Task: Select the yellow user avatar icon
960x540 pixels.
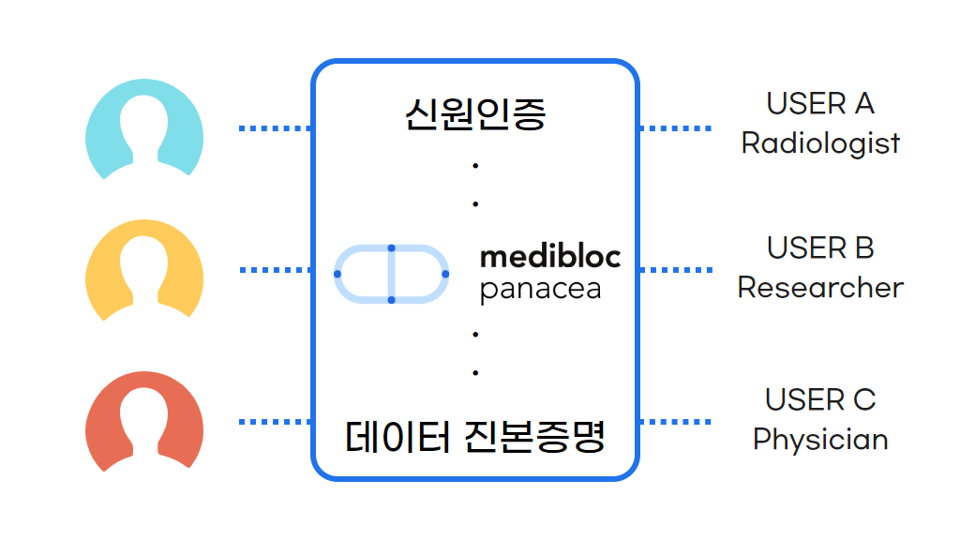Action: tap(144, 271)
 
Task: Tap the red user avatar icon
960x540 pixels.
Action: tap(144, 421)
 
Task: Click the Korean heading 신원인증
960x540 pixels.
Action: tap(475, 113)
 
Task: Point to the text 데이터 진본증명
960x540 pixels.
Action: tap(475, 436)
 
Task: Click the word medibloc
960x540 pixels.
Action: tap(550, 256)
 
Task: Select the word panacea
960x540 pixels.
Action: tap(540, 289)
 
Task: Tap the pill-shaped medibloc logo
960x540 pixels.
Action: tap(392, 274)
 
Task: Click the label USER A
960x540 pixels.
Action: tap(820, 103)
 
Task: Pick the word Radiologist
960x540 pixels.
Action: tap(820, 142)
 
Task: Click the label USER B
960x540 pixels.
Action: tap(820, 248)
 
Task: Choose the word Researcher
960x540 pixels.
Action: tap(820, 287)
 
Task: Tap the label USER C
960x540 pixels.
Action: tap(820, 399)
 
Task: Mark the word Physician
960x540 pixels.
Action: tap(820, 439)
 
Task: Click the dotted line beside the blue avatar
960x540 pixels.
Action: tap(275, 128)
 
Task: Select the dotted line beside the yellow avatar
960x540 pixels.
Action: tap(275, 270)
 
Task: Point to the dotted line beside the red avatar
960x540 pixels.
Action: tap(275, 422)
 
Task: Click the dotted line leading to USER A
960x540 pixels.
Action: tap(675, 128)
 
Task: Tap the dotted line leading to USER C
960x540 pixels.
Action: tap(675, 422)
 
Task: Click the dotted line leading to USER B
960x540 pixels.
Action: tap(675, 270)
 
